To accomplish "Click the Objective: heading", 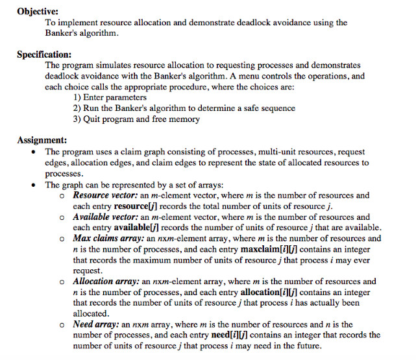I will pos(38,11).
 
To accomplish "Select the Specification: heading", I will pos(44,54).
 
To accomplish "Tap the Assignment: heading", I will pos(42,140).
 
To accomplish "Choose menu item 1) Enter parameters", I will pos(110,97).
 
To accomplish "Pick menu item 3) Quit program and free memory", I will pos(136,119).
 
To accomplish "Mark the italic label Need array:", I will pos(95,324).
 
